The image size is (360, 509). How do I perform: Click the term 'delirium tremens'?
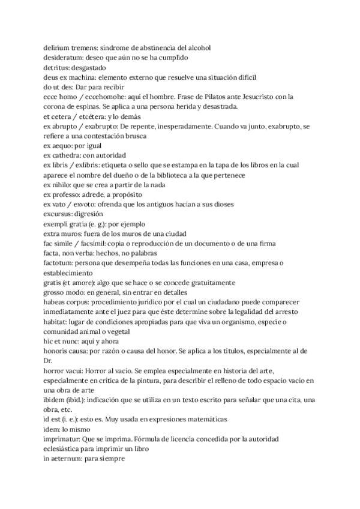point(66,47)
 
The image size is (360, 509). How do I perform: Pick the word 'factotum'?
point(58,262)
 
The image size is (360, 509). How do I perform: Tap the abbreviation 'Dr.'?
point(49,360)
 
